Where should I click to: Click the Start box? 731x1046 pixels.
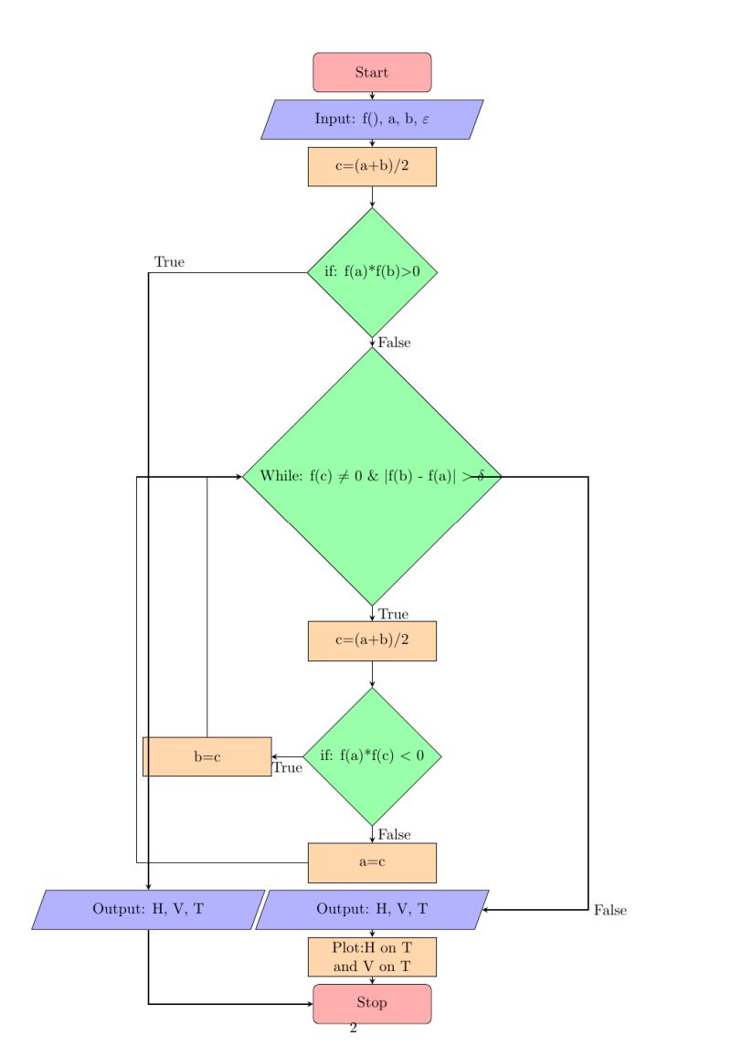[x=372, y=72]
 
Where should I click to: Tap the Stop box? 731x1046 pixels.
[x=372, y=1003]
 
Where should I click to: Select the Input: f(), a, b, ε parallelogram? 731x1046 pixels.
[x=372, y=119]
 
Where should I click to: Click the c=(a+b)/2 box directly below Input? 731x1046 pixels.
[x=372, y=166]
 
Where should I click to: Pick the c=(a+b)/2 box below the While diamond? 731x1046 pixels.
[x=372, y=640]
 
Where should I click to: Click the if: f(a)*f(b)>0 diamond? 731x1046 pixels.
[x=372, y=271]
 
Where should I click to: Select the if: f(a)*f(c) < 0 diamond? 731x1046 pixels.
[x=372, y=755]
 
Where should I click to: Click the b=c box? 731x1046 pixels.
[x=207, y=756]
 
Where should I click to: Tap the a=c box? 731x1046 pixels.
[x=372, y=862]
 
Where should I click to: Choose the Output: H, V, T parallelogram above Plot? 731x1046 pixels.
[x=372, y=909]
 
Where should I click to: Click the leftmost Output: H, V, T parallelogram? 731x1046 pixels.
[x=148, y=909]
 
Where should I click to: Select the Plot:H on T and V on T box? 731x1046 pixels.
[x=372, y=956]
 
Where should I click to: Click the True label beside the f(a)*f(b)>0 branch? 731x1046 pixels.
[x=169, y=262]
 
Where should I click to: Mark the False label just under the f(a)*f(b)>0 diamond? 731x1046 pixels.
[x=395, y=343]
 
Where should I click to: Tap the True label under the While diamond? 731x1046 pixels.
[x=393, y=614]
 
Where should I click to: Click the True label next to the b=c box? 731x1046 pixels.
[x=287, y=768]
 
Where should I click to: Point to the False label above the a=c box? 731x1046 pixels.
[x=395, y=834]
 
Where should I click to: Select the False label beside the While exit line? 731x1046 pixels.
[x=609, y=910]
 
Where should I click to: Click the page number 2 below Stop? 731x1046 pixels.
[x=353, y=1030]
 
